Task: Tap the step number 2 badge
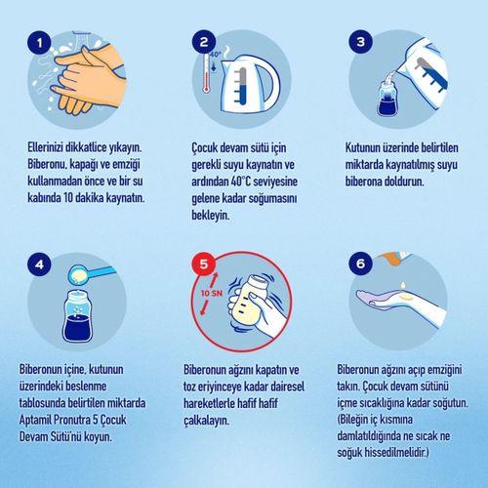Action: point(202,42)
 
